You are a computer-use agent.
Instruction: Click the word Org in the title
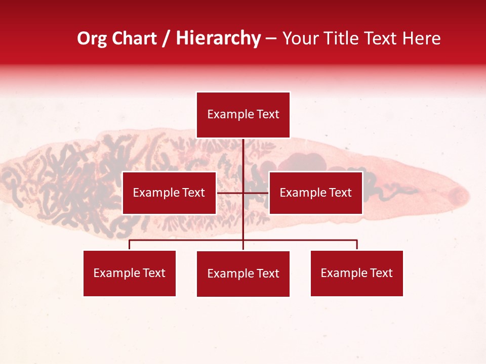(x=92, y=38)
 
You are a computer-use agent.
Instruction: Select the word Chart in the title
(x=133, y=38)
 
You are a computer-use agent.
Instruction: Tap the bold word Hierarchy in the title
(x=218, y=38)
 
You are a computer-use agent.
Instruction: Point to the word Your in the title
(x=300, y=38)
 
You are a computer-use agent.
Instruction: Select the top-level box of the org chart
(x=243, y=115)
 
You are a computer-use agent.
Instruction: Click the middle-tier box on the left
(x=169, y=193)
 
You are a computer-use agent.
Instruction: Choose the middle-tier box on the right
(x=315, y=193)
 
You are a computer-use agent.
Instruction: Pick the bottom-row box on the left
(x=130, y=274)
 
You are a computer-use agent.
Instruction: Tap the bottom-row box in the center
(x=243, y=274)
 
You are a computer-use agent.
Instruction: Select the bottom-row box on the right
(x=356, y=274)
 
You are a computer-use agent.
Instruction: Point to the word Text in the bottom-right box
(x=381, y=274)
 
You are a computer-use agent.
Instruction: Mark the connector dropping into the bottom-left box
(x=130, y=245)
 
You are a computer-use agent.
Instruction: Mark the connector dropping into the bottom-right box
(x=357, y=245)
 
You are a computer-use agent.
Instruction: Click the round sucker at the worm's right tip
(x=459, y=194)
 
